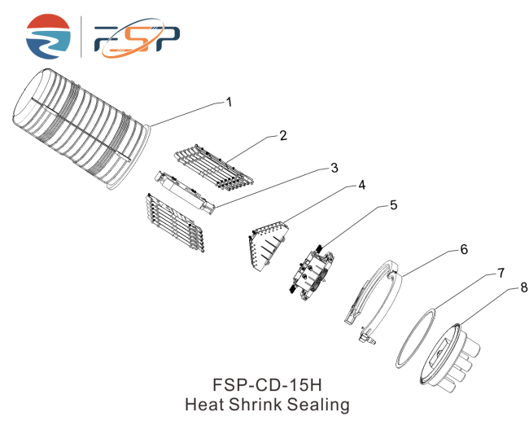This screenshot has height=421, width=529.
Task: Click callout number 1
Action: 229,102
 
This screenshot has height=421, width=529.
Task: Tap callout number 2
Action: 283,136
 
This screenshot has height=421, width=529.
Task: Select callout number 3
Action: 334,168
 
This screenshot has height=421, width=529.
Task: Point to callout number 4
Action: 361,185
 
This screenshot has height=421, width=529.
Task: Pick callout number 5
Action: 393,205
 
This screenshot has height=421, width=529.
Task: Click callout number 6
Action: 464,249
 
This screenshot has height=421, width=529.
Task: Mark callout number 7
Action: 501,273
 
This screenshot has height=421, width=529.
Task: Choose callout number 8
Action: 524,287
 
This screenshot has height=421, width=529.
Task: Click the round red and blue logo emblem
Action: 48,37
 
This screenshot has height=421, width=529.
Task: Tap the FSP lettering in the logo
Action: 137,37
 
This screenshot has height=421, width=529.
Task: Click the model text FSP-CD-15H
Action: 267,384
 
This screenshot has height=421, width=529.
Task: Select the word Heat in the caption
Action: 205,404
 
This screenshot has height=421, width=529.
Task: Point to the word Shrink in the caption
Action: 256,404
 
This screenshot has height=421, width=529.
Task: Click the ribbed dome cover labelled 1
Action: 81,129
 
